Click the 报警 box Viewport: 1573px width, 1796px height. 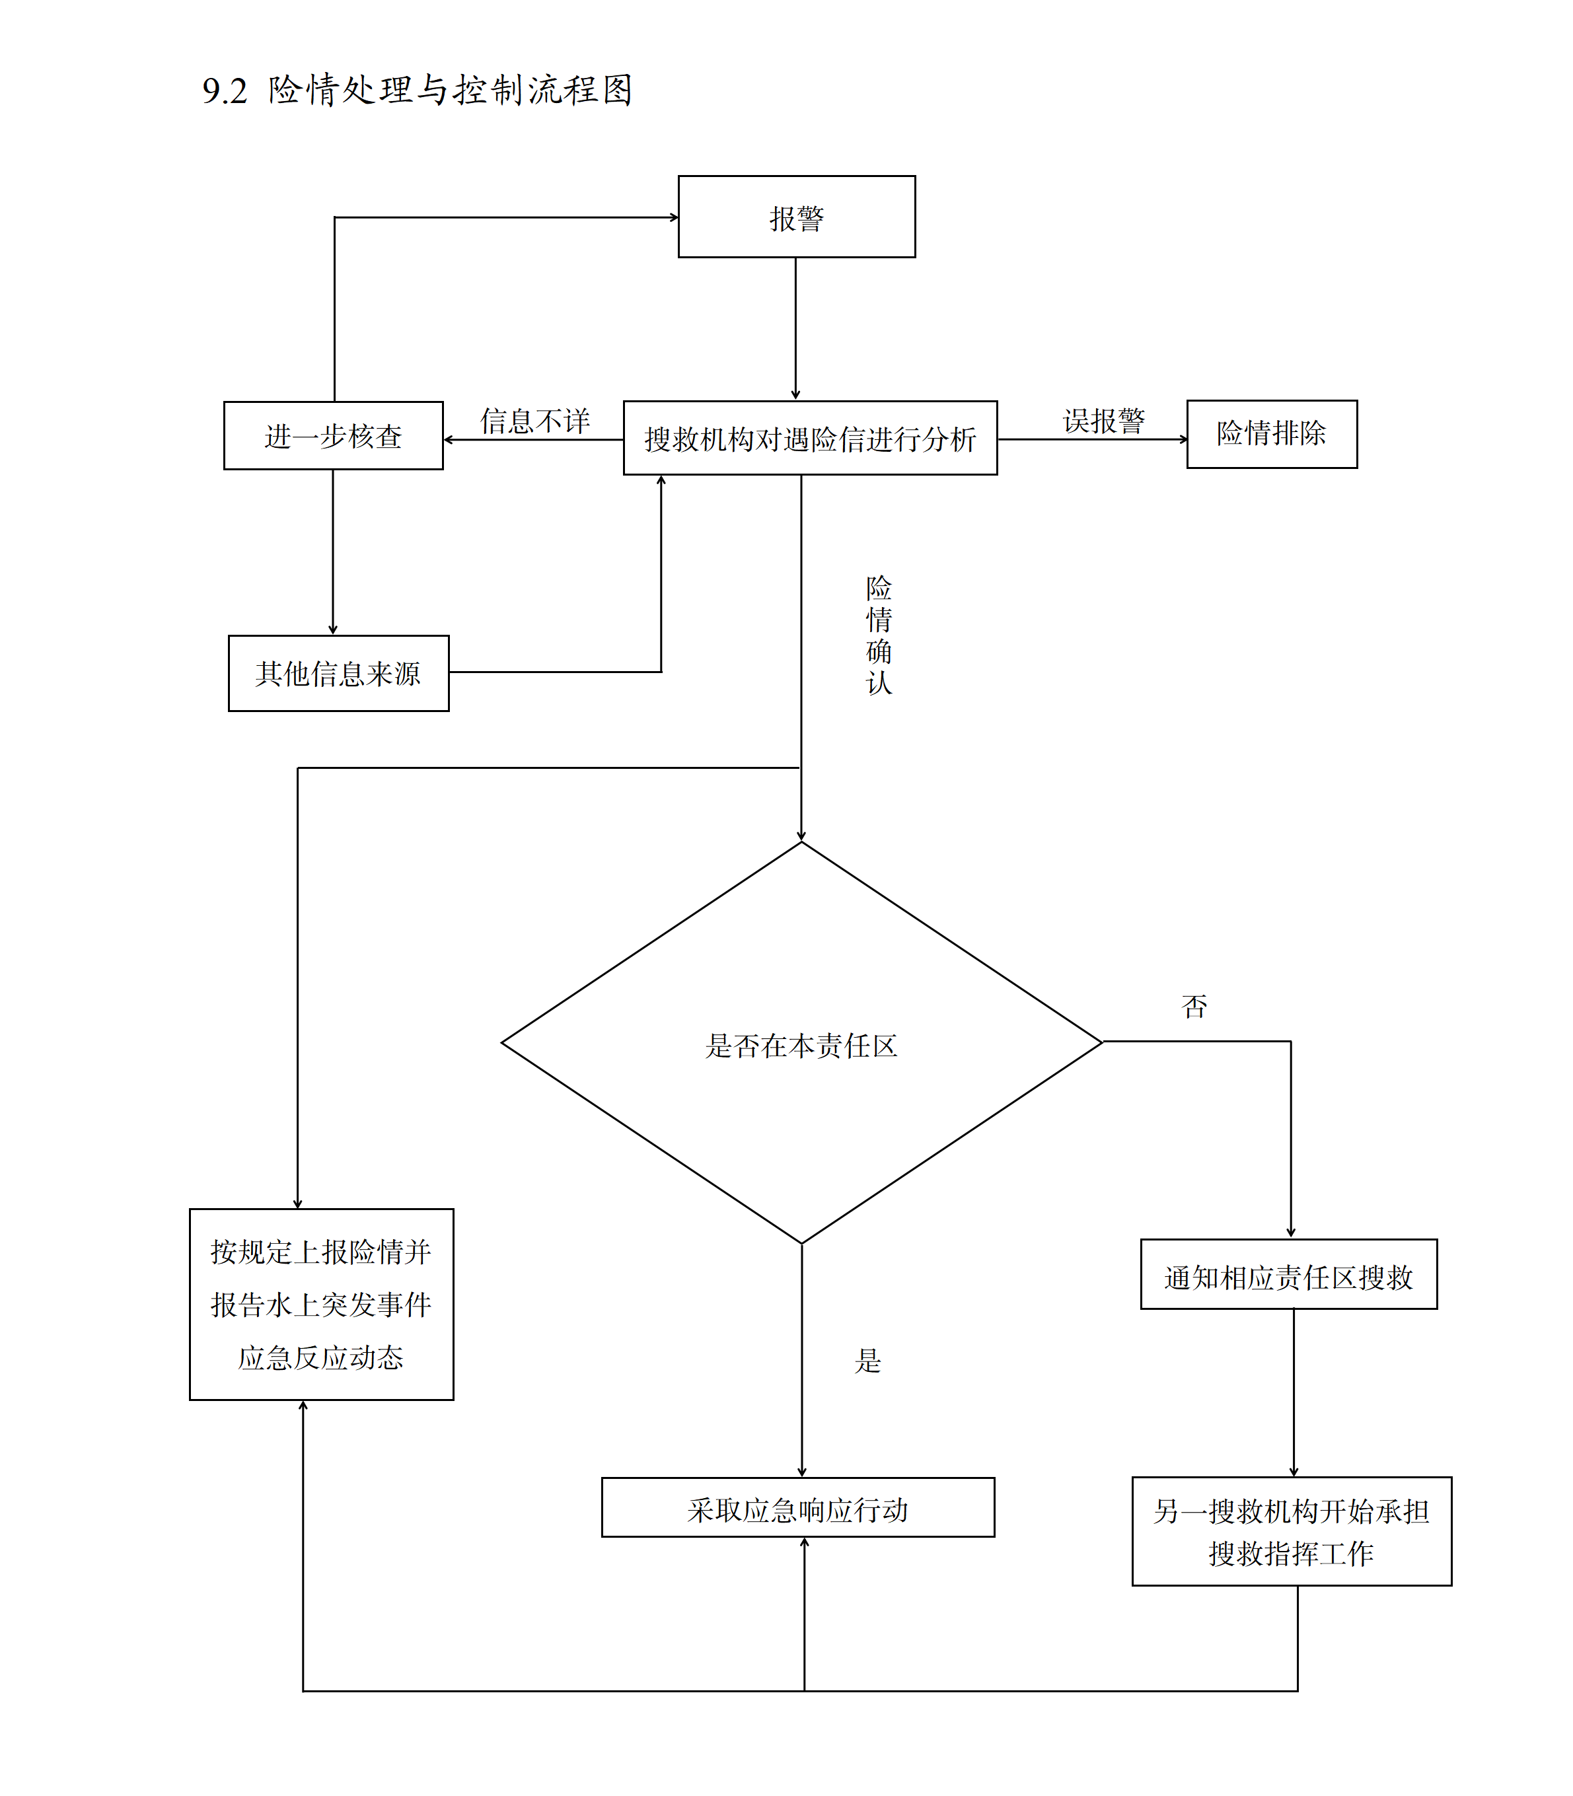[796, 217]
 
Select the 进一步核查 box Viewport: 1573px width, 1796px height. [333, 435]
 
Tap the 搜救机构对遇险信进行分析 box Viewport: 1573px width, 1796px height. [809, 438]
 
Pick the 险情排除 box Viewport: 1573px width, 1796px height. [1271, 433]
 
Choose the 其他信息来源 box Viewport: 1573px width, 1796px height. [338, 673]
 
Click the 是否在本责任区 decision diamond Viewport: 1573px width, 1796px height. [801, 1044]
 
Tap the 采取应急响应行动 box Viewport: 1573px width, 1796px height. [797, 1510]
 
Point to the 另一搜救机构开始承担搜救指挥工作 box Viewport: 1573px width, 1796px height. [1290, 1532]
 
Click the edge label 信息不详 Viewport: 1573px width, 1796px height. [534, 421]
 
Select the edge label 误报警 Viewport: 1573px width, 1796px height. [1103, 421]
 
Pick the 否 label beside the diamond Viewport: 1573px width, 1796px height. [1194, 1006]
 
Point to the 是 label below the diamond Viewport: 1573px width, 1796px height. [867, 1361]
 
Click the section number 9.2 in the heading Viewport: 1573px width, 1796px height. [225, 90]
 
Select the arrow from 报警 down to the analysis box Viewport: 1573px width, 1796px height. [795, 328]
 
